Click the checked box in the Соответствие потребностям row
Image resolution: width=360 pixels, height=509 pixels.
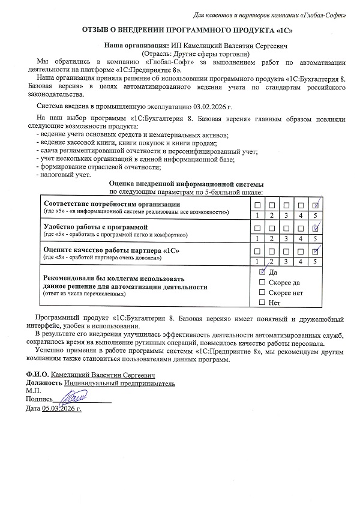click(x=316, y=205)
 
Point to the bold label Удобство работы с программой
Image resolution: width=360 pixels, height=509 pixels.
click(x=95, y=227)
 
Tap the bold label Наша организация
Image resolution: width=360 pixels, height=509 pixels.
click(x=136, y=45)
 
